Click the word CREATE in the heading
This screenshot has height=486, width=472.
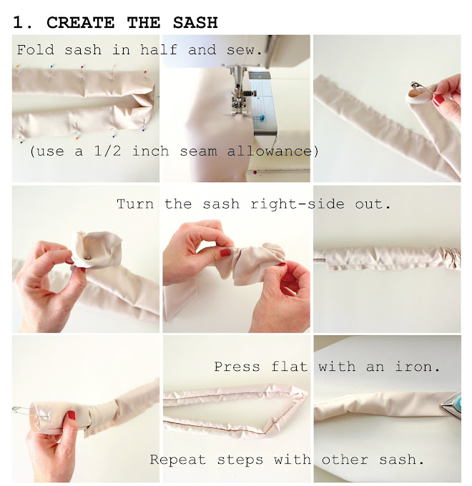[81, 22]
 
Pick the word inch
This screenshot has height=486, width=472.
[161, 152]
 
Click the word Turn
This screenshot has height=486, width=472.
[136, 204]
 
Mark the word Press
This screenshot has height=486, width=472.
[237, 367]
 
